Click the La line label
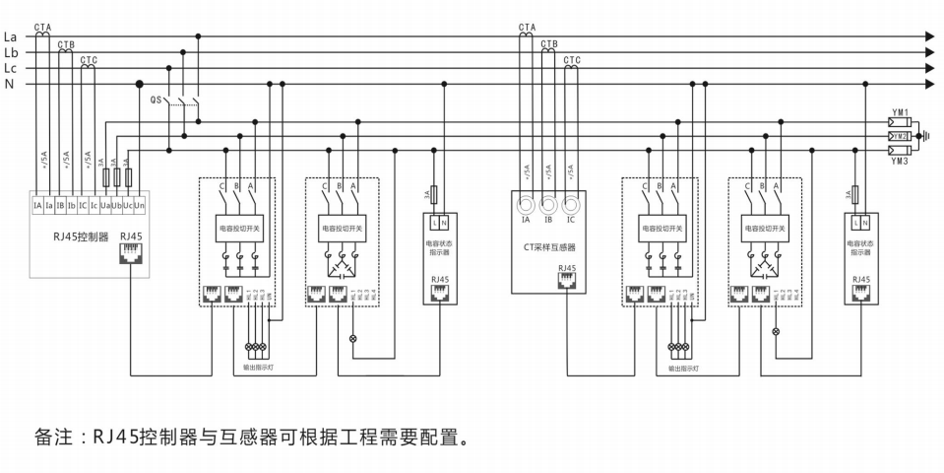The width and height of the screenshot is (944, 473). pos(11,36)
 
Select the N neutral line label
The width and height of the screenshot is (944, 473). pos(9,85)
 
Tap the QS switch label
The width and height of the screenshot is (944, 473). pos(156,101)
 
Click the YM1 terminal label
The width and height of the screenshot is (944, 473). pos(900,112)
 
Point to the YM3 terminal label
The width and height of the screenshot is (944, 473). pos(900,161)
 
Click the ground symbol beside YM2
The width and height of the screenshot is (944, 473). pos(922,136)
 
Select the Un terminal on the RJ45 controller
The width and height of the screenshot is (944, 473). pos(140,205)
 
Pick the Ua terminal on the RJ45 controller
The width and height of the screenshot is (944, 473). pos(104,205)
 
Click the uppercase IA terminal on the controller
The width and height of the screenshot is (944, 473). pos(36,205)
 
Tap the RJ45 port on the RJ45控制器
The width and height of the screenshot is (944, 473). pos(130,253)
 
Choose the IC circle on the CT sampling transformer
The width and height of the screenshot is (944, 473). pos(571,206)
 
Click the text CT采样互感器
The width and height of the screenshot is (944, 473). pos(548,249)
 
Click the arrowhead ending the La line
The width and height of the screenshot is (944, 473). pos(928,36)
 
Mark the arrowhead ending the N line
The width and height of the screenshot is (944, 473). pos(928,85)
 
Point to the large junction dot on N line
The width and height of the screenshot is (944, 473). pos(140,85)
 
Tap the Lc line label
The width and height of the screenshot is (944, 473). pos(11,69)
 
